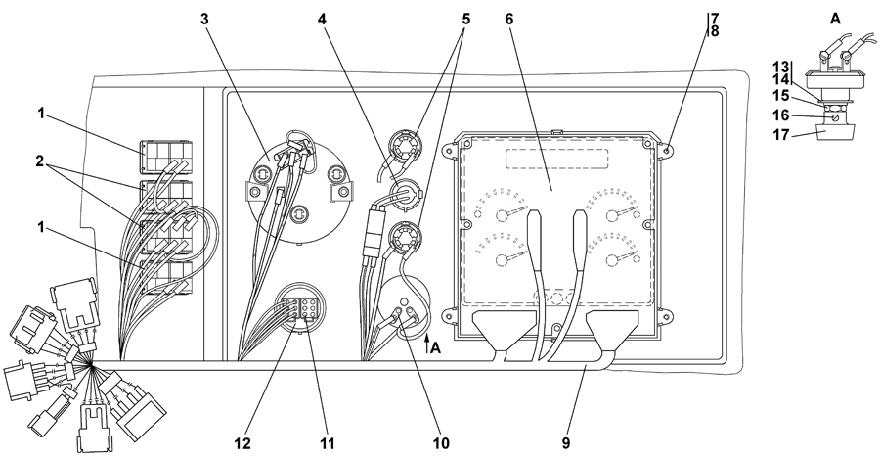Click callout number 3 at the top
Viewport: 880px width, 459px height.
pos(204,19)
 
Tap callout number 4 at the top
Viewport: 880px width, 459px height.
pos(321,19)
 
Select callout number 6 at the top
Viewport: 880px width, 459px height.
pos(507,19)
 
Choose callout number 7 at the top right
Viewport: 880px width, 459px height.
pos(715,18)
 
